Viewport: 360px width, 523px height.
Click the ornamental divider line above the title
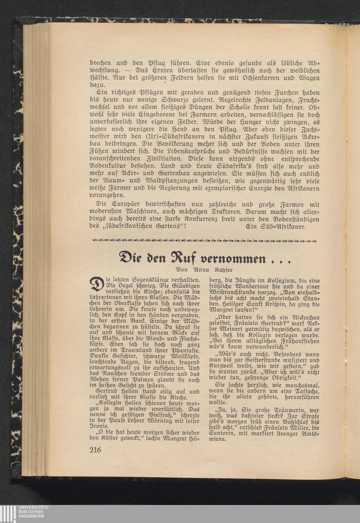(204, 240)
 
